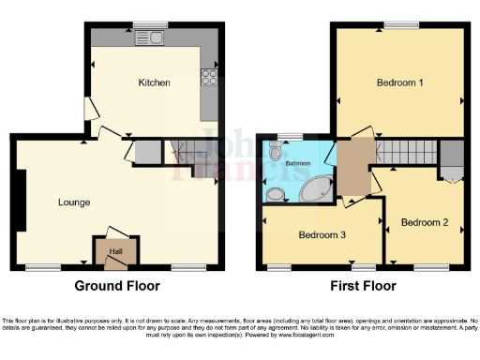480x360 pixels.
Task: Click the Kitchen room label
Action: [x=154, y=82]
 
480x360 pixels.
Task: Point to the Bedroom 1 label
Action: [x=400, y=82]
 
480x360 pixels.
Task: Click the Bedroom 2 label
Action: [x=420, y=223]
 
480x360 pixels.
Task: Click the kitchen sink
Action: [x=149, y=38]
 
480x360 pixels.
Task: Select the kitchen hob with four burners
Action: [x=210, y=78]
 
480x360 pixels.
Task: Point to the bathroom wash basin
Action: [x=275, y=194]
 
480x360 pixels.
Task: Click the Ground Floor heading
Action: [x=118, y=286]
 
